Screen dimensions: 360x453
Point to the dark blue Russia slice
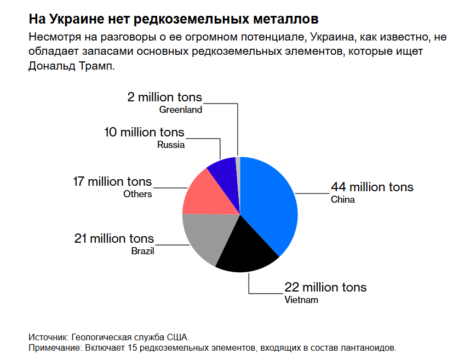pos(225,171)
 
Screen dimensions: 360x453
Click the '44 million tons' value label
pos(372,187)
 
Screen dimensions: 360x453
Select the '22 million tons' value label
pos(325,287)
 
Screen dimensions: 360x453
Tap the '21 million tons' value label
pos(114,238)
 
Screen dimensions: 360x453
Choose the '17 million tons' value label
pos(112,181)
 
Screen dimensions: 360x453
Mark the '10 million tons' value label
pos(144,132)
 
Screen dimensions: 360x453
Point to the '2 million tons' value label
pos(164,97)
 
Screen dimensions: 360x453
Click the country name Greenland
pos(181,110)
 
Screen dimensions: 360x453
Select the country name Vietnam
pos(301,300)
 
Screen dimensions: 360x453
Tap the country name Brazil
pos(142,252)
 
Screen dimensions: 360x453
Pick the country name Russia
pos(171,145)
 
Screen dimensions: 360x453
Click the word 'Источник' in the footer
pos(48,337)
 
